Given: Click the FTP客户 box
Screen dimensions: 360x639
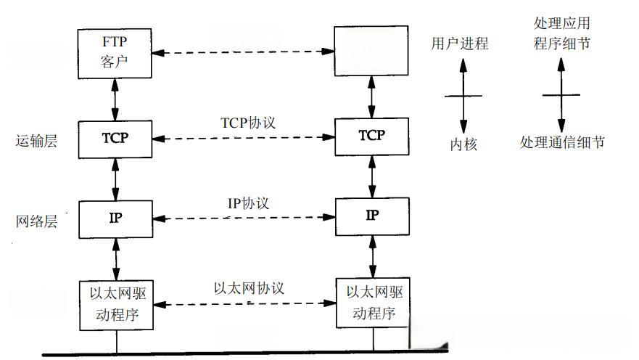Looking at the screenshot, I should pyautogui.click(x=115, y=53).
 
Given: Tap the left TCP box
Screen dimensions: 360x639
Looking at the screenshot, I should pyautogui.click(x=115, y=138).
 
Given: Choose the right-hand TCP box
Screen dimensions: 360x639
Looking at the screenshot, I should pyautogui.click(x=371, y=136).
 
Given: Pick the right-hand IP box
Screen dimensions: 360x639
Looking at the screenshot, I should pyautogui.click(x=371, y=216).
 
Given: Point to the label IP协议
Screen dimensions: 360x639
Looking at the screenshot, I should pyautogui.click(x=248, y=204).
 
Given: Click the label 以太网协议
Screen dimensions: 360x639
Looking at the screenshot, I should pyautogui.click(x=249, y=287).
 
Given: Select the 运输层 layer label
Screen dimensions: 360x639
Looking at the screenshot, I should pyautogui.click(x=36, y=141).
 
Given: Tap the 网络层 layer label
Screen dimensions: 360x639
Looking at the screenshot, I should pyautogui.click(x=36, y=221).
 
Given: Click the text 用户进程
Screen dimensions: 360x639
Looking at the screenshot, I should pyautogui.click(x=460, y=44).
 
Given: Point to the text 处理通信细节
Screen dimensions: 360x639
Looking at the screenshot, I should pyautogui.click(x=562, y=142).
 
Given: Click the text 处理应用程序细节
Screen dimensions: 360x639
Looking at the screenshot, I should pyautogui.click(x=561, y=34).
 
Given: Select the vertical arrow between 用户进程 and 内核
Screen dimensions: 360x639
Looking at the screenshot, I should pyautogui.click(x=463, y=94).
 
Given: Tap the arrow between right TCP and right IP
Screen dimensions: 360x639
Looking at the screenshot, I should pyautogui.click(x=372, y=176).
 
